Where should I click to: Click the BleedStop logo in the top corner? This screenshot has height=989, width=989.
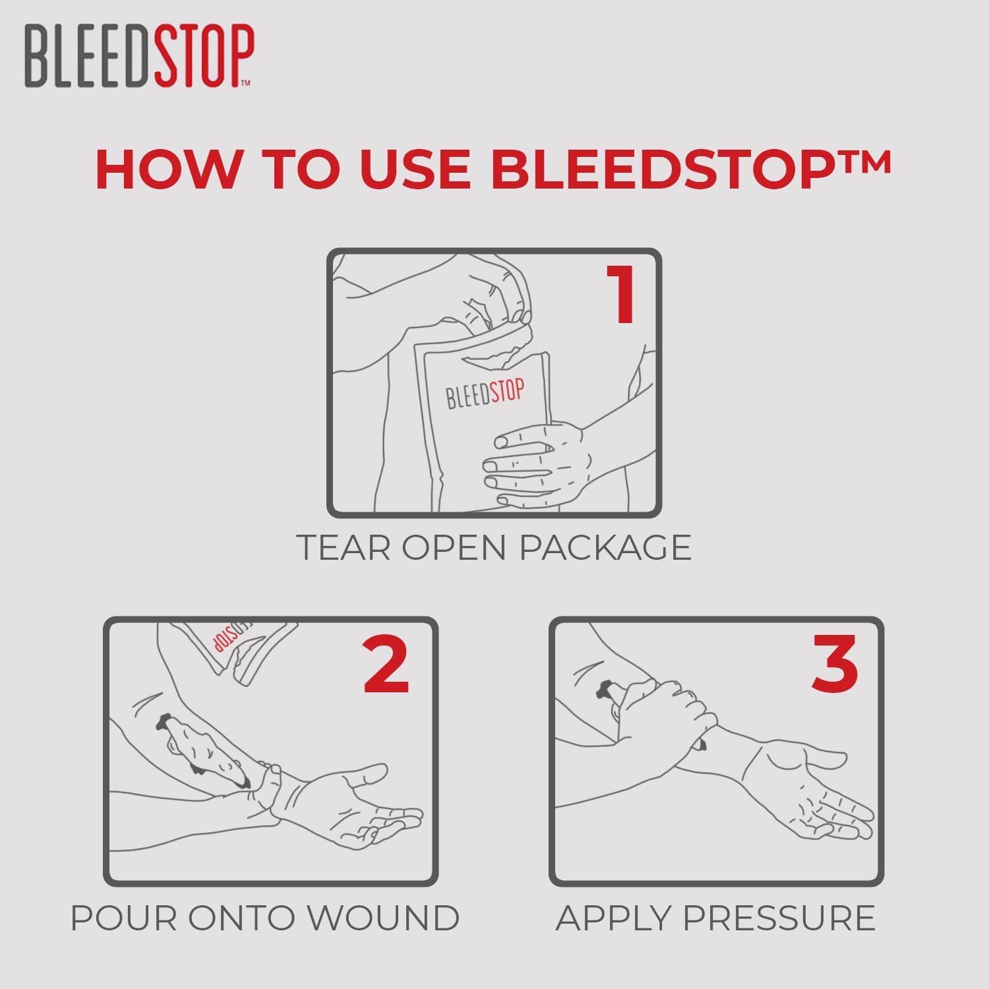tap(138, 56)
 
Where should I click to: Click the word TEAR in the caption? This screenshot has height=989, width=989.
tap(343, 547)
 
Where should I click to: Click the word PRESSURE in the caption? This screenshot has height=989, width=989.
tap(779, 918)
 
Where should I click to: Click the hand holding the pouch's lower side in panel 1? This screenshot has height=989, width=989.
tap(534, 462)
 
